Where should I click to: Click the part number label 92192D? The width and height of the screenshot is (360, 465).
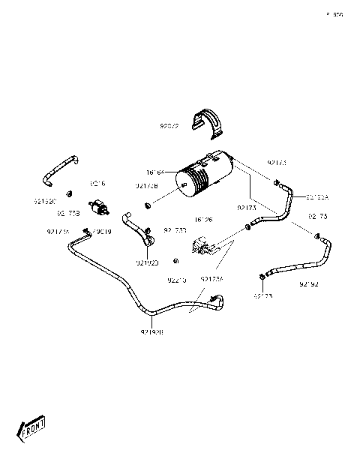click(147, 262)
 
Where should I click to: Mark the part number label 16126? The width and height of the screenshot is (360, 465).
click(203, 220)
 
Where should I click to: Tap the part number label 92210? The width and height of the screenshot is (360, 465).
click(176, 280)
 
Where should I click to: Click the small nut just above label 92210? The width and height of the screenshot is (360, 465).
click(175, 261)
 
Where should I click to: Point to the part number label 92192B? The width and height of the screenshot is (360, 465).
click(152, 331)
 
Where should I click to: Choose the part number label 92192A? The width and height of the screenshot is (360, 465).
click(317, 196)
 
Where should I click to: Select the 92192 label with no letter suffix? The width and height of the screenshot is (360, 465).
click(309, 284)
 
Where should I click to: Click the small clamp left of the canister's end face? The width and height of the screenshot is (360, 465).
click(148, 204)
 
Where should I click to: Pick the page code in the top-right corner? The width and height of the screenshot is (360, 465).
click(334, 14)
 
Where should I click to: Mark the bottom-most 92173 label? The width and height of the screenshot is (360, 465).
click(262, 296)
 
